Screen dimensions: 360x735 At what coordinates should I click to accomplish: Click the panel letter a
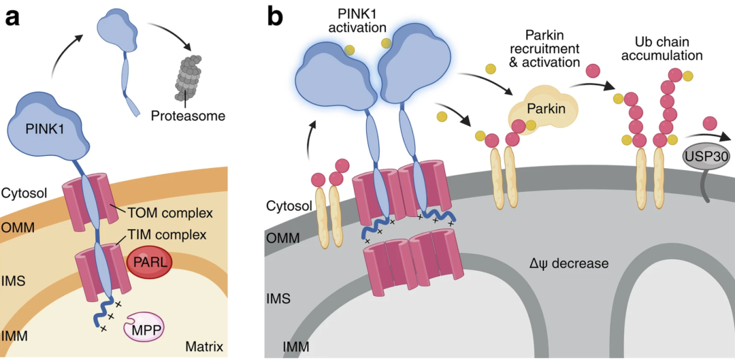tap(12, 17)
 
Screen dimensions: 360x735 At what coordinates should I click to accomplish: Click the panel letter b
tap(275, 17)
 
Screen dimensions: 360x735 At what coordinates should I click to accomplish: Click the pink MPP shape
tap(144, 329)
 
